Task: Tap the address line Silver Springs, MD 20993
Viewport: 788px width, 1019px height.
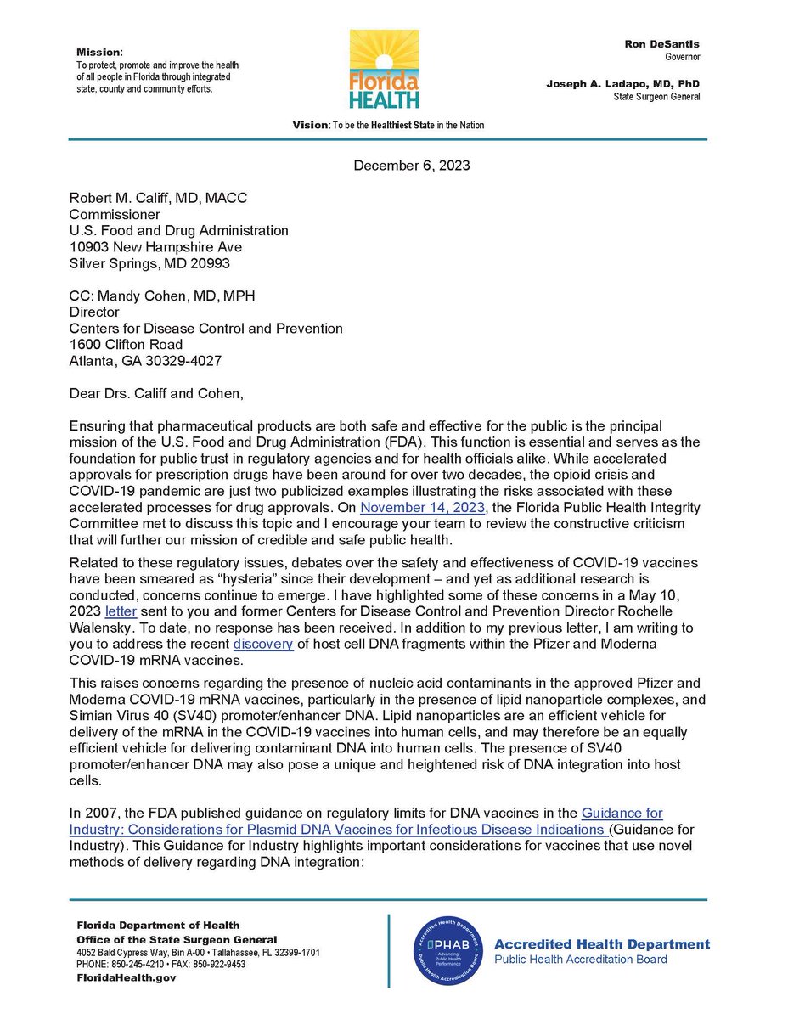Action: [156, 263]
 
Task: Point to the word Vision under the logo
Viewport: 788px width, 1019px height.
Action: [309, 125]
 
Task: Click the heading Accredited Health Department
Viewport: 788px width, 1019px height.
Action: [601, 943]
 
